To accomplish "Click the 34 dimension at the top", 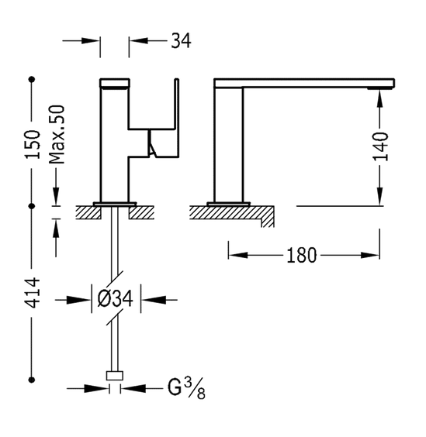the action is [181, 41].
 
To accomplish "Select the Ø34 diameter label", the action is [115, 298].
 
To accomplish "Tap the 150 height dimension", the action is [33, 145].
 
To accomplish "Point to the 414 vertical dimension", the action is [33, 292].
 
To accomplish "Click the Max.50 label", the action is [57, 134].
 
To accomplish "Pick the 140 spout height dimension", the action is [380, 146].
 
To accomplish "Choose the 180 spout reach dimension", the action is [302, 255].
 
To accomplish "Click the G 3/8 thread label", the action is [186, 388].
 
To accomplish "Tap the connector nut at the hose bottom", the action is [115, 376].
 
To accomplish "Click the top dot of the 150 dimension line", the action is [32, 80].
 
